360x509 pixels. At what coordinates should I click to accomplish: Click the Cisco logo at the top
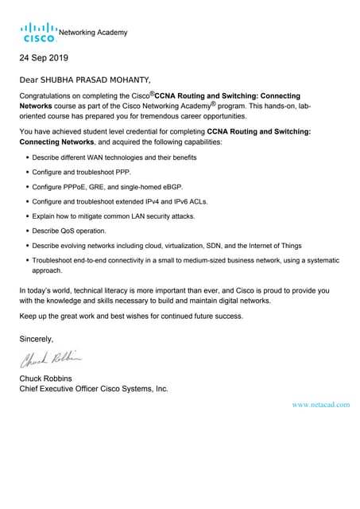point(38,33)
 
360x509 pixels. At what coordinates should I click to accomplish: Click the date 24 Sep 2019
point(44,58)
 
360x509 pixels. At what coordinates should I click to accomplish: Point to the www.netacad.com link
point(321,405)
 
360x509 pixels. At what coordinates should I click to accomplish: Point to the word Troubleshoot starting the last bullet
point(54,260)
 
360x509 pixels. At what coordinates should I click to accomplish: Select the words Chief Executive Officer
point(63,389)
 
